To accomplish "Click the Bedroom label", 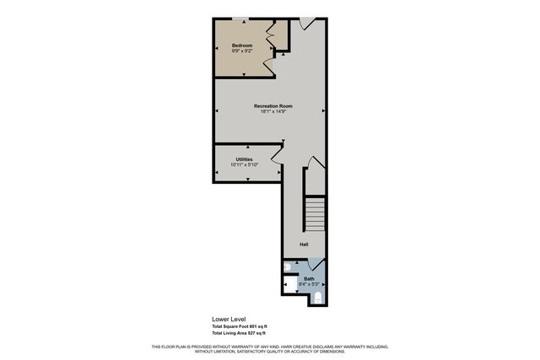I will (243, 44).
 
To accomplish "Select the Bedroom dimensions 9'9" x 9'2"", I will (243, 51).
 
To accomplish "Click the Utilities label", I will (245, 159).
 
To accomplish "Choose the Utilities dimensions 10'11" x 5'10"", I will (245, 165).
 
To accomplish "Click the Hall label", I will (304, 244).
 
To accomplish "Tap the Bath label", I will (310, 278).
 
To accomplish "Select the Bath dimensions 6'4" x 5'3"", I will (308, 284).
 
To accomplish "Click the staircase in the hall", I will (314, 214).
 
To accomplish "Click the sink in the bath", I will (289, 267).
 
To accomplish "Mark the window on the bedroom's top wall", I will (241, 18).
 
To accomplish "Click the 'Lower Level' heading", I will (227, 320).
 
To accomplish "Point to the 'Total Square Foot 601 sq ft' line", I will (240, 326).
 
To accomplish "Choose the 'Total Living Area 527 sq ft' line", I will (240, 335).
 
